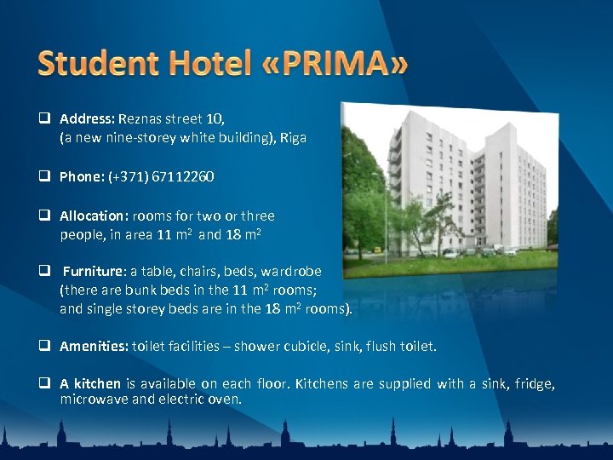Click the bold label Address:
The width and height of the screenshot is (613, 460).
(88, 119)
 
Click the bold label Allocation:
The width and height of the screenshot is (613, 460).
(94, 216)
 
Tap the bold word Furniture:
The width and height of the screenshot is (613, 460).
(94, 272)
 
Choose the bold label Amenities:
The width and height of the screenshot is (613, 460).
(95, 347)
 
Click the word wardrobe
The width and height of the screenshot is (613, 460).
(291, 272)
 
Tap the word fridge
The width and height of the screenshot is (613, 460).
(533, 384)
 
